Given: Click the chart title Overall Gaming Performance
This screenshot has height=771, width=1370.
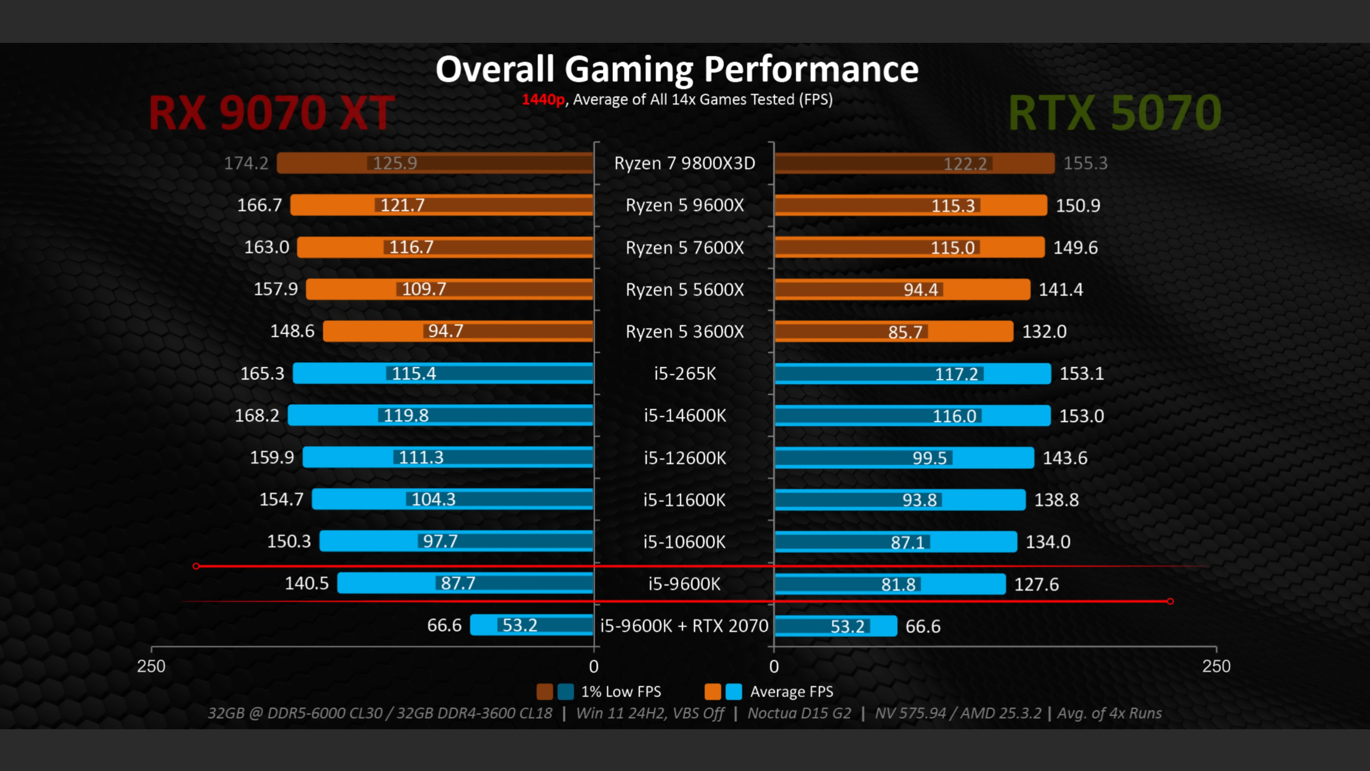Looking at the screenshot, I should pyautogui.click(x=677, y=70).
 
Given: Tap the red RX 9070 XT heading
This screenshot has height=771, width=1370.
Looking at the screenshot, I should pyautogui.click(x=272, y=113).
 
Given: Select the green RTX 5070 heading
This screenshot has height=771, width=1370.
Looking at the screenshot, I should pyautogui.click(x=1115, y=113).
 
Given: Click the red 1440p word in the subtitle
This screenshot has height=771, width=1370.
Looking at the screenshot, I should pyautogui.click(x=543, y=100).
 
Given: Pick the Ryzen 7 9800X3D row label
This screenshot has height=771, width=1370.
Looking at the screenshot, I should pyautogui.click(x=684, y=163).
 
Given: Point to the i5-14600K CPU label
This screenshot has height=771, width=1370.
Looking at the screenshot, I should pyautogui.click(x=684, y=415).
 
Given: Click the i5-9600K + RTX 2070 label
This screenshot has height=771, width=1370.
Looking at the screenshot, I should pyautogui.click(x=684, y=626).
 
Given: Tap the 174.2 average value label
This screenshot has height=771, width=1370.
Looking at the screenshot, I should pyautogui.click(x=246, y=163).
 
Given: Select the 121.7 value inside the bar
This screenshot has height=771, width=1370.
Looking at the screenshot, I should pyautogui.click(x=402, y=205).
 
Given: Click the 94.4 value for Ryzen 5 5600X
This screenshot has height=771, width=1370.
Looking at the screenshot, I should pyautogui.click(x=920, y=290).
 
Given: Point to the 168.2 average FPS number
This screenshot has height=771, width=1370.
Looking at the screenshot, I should pyautogui.click(x=257, y=415).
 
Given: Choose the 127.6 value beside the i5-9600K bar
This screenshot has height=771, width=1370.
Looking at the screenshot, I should pyautogui.click(x=1037, y=584).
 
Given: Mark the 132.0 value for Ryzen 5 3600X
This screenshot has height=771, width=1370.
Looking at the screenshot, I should pyautogui.click(x=1044, y=331).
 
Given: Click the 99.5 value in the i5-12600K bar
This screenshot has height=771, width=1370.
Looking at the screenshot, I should pyautogui.click(x=930, y=458).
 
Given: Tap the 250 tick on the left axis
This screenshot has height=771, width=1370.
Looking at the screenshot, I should pyautogui.click(x=151, y=667).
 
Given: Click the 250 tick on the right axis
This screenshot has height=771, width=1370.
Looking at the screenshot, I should pyautogui.click(x=1216, y=667).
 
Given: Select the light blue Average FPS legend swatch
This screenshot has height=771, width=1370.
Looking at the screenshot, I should pyautogui.click(x=734, y=692).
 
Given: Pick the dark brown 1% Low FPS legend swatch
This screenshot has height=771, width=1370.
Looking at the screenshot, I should pyautogui.click(x=544, y=692).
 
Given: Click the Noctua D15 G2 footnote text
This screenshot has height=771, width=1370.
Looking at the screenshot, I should pyautogui.click(x=799, y=713).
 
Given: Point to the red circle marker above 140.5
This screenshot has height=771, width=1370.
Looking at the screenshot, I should pyautogui.click(x=196, y=566).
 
